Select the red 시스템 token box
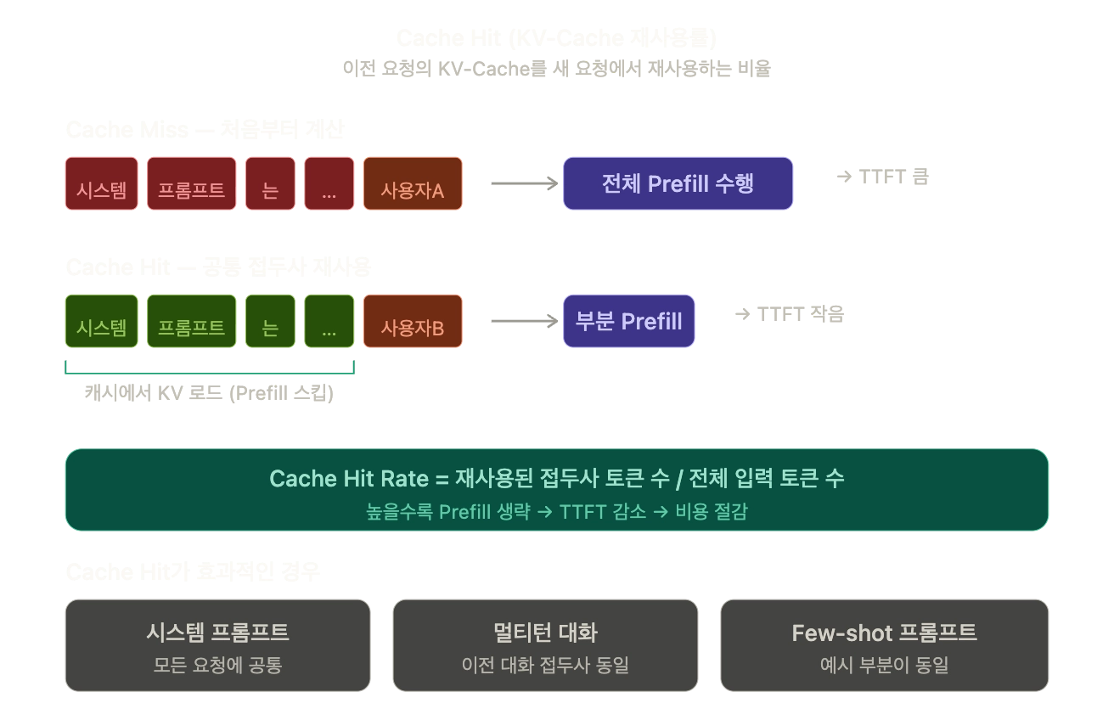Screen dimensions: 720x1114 (x=101, y=183)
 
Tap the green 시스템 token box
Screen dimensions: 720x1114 (x=101, y=321)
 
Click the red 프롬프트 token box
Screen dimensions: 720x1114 (x=191, y=183)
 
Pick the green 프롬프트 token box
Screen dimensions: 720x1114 (x=191, y=321)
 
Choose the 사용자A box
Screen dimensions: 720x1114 (x=413, y=183)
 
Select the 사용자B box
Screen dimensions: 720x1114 (x=413, y=321)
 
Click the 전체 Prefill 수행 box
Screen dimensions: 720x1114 (x=678, y=183)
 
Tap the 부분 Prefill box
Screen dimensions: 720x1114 (x=628, y=321)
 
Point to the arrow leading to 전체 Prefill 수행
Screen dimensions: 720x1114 (x=524, y=183)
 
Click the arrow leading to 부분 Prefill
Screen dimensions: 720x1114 (x=524, y=321)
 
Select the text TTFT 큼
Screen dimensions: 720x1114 (x=883, y=177)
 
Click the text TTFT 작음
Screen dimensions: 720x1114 (x=790, y=314)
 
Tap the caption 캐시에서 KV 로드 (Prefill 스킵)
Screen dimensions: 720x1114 (x=208, y=393)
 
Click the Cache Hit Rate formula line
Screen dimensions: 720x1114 (x=556, y=479)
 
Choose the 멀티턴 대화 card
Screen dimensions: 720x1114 (x=545, y=645)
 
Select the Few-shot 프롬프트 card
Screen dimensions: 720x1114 (x=884, y=645)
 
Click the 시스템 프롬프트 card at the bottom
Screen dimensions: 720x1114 (x=217, y=645)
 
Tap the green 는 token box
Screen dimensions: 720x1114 (x=270, y=321)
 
